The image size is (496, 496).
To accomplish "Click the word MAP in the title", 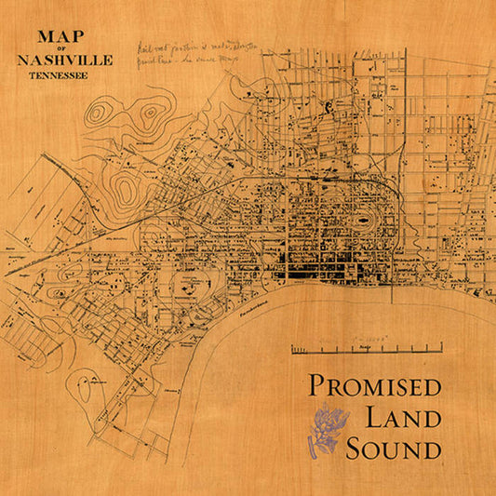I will (x=60, y=39).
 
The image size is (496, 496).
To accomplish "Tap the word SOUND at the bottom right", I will (x=393, y=450).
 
